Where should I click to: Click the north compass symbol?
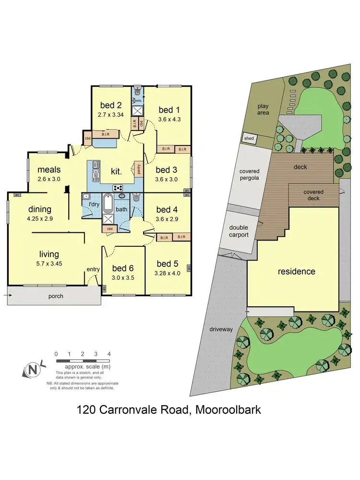coord(32,370)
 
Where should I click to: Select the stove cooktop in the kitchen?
coord(118,187)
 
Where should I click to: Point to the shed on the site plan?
coord(249,139)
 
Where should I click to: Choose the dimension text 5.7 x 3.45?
coord(49,264)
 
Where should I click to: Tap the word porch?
coord(56,296)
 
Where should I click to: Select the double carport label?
coord(239,231)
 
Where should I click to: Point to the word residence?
coord(297,271)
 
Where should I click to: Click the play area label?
coord(263,109)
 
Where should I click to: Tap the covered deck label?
coord(313,195)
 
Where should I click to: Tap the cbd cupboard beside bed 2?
coord(87,139)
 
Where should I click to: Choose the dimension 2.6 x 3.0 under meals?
coord(49,179)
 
